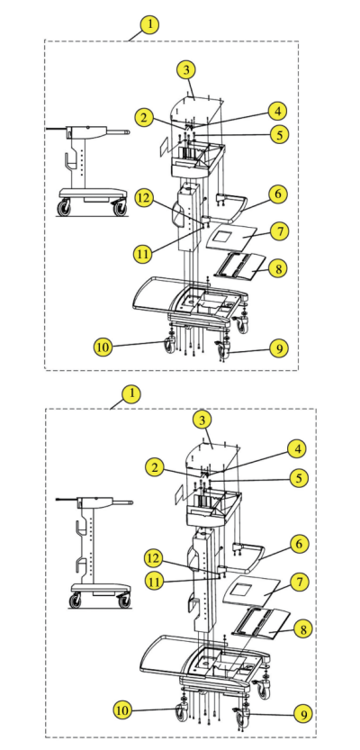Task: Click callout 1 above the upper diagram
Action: tap(149, 24)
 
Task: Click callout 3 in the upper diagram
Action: tap(186, 70)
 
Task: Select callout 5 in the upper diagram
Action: tap(279, 134)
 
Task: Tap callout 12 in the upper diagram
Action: tap(144, 198)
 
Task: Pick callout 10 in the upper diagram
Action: tap(103, 347)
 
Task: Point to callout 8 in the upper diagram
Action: tap(278, 268)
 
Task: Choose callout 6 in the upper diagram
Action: tap(278, 194)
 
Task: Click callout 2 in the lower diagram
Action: tap(154, 467)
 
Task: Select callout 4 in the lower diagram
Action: tap(297, 449)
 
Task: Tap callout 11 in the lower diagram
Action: tap(155, 582)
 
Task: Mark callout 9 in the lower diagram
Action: tap(303, 715)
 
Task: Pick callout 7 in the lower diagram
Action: tap(300, 582)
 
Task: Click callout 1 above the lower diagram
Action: tap(131, 394)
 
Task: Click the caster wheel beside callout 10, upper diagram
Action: tap(170, 344)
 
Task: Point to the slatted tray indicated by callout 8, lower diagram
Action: tap(261, 623)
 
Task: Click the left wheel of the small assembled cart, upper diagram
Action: tap(64, 208)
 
